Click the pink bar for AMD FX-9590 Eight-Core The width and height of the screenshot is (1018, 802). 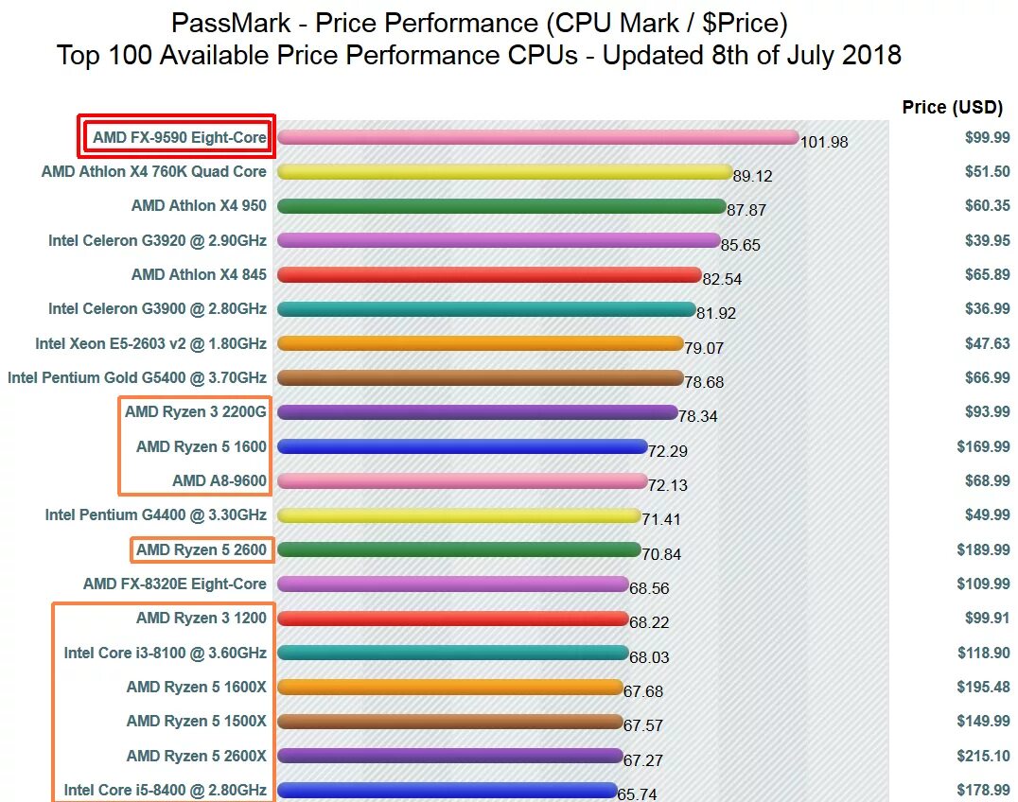(537, 137)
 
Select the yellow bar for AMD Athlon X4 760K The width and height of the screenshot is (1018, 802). (504, 172)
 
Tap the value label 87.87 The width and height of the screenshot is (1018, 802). (746, 210)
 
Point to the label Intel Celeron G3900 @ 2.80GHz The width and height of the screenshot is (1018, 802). (157, 308)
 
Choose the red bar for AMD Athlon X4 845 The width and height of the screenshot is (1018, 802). (488, 275)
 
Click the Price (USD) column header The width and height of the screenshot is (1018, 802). (952, 107)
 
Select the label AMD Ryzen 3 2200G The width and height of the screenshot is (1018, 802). (196, 411)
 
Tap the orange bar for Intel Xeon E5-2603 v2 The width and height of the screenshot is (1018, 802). (480, 343)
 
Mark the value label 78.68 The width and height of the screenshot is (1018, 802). (704, 382)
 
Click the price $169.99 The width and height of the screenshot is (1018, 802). (981, 446)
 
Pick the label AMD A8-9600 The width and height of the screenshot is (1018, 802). (219, 480)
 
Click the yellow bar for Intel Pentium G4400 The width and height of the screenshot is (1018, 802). (459, 515)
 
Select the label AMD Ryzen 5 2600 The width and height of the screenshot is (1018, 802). (202, 549)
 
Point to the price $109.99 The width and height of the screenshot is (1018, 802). (981, 584)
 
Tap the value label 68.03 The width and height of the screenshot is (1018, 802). (648, 656)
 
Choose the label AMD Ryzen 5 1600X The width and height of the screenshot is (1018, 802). (197, 687)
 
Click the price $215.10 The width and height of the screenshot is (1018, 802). (981, 756)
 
